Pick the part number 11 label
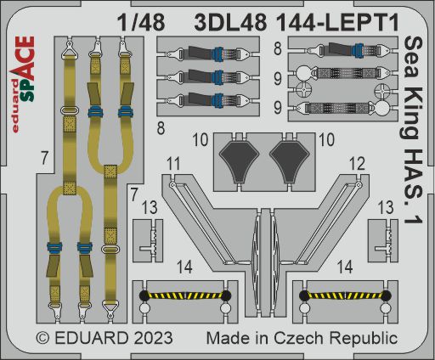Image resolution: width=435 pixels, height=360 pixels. pyautogui.click(x=174, y=161)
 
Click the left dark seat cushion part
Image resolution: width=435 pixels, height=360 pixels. pyautogui.click(x=241, y=160)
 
